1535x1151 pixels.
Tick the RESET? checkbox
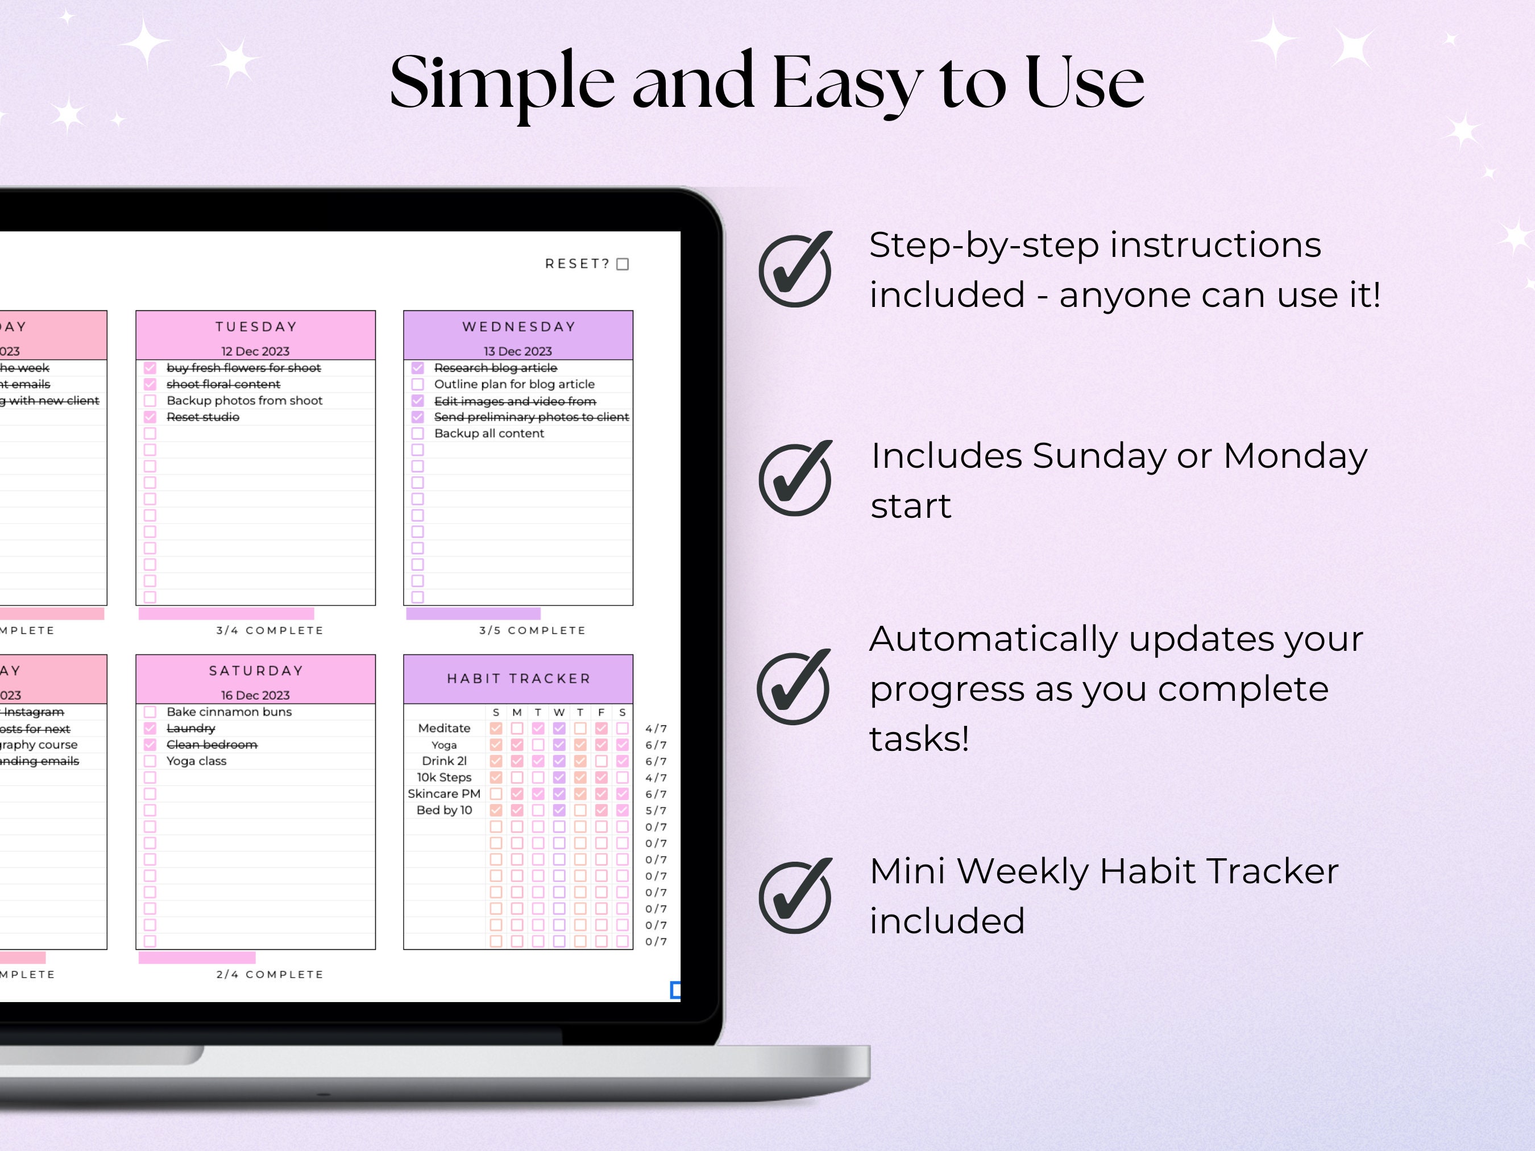coord(623,264)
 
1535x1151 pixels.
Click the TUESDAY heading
coord(255,327)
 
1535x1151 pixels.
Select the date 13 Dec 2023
coord(518,351)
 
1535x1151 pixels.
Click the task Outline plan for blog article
coord(514,384)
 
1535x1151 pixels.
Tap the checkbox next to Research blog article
coord(418,368)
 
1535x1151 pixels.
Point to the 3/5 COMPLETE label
coord(532,630)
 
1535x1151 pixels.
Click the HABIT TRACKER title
coord(518,679)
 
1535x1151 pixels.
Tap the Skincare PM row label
coord(444,793)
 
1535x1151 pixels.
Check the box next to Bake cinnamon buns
coord(150,712)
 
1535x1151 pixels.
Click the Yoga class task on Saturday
coord(196,761)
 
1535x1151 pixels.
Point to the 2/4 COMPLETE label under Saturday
coord(270,974)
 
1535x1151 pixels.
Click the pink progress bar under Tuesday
coord(226,614)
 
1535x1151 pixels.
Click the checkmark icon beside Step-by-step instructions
coord(795,269)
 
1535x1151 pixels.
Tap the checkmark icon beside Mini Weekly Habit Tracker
coord(795,896)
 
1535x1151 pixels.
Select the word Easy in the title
coord(847,83)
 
